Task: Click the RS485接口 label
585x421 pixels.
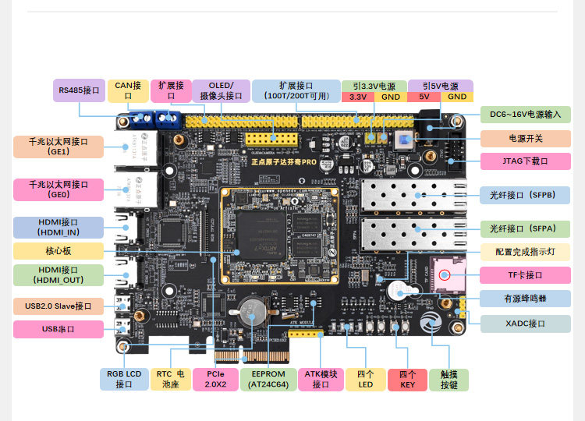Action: tap(79, 90)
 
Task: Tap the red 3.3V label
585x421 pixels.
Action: tap(358, 97)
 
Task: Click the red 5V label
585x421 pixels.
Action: tap(424, 97)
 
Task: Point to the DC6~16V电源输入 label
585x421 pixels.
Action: tap(525, 114)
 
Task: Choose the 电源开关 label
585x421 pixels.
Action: tap(525, 138)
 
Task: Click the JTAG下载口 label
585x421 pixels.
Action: tap(525, 162)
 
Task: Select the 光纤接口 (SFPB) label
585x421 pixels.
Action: tap(523, 195)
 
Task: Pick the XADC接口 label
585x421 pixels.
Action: tap(525, 323)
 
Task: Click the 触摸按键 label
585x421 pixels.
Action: tap(448, 380)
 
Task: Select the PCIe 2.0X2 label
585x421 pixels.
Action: tap(214, 380)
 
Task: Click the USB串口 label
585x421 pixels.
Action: tap(58, 329)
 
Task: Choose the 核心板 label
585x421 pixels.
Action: tap(58, 251)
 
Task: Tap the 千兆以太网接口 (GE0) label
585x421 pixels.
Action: tap(58, 189)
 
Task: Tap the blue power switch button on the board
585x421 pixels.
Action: tap(405, 140)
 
